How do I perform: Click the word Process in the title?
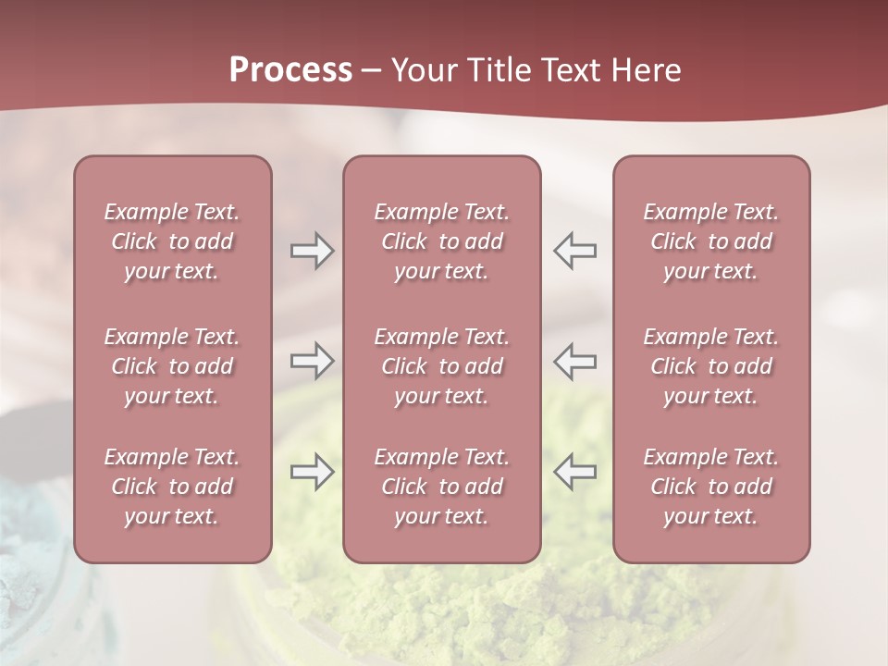coord(290,70)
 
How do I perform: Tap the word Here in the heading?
coord(648,70)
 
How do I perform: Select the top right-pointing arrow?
coord(312,251)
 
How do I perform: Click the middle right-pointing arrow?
coord(312,361)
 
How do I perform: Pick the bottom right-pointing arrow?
coord(312,472)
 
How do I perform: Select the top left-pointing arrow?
coord(574,251)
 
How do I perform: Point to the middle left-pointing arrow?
coord(574,361)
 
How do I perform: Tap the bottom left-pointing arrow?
coord(574,472)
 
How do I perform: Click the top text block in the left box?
coord(172,241)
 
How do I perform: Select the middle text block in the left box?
coord(172,366)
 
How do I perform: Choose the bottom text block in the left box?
coord(172,487)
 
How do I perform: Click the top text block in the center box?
coord(442,241)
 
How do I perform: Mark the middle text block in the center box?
coord(442,366)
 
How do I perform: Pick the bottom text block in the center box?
coord(442,487)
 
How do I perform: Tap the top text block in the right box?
coord(711,241)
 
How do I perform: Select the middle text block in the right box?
coord(711,366)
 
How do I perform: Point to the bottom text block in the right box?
coord(711,487)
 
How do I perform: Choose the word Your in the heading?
coord(424,70)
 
